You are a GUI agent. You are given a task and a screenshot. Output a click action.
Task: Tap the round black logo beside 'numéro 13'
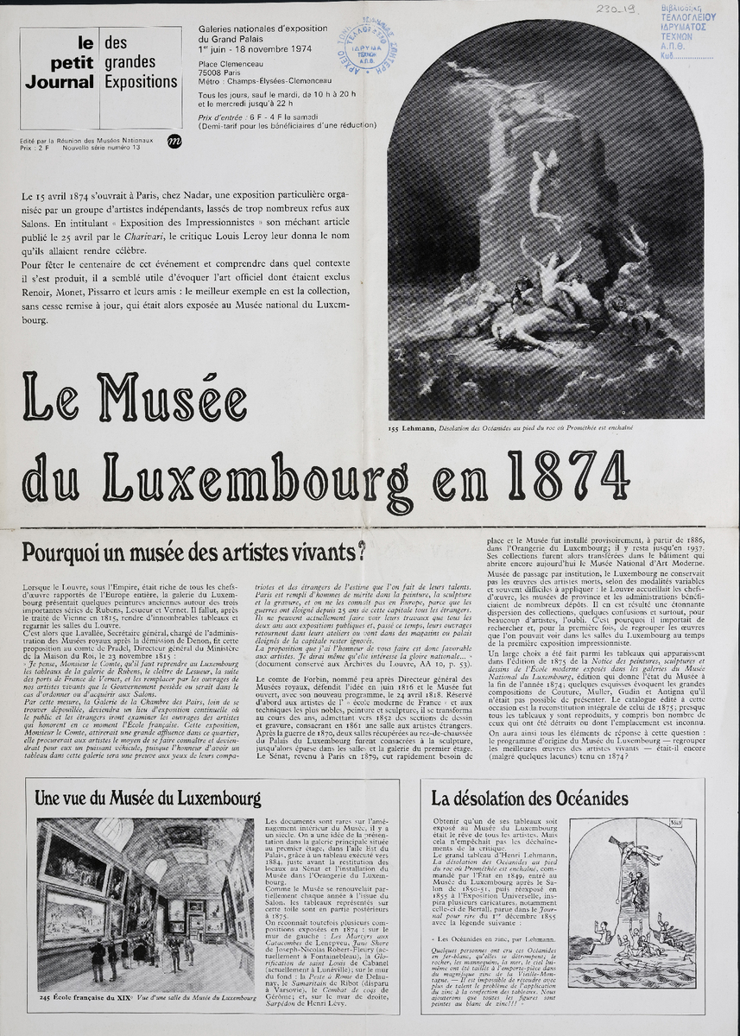(x=174, y=142)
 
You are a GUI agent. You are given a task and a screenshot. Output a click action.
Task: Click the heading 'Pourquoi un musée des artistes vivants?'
(x=193, y=550)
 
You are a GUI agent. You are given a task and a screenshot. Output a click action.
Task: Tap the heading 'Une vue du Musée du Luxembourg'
(x=148, y=797)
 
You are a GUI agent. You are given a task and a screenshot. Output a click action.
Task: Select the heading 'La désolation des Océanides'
(x=530, y=799)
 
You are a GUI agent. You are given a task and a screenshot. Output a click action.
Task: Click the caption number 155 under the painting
(x=395, y=426)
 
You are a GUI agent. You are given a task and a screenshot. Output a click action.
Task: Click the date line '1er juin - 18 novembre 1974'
(x=256, y=48)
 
